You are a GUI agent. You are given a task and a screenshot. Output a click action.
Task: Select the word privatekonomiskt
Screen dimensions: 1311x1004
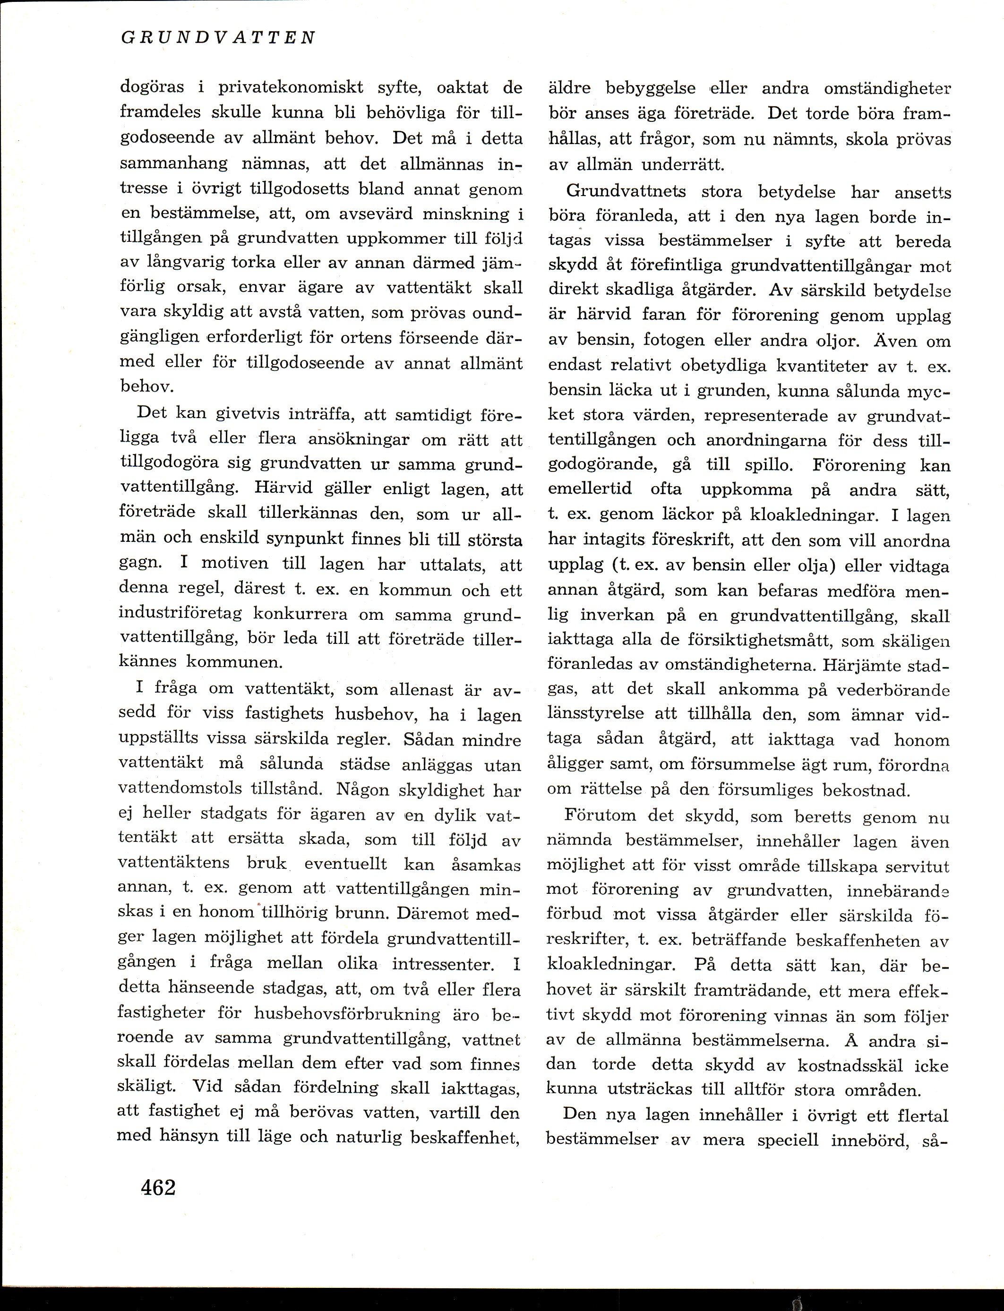(291, 88)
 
